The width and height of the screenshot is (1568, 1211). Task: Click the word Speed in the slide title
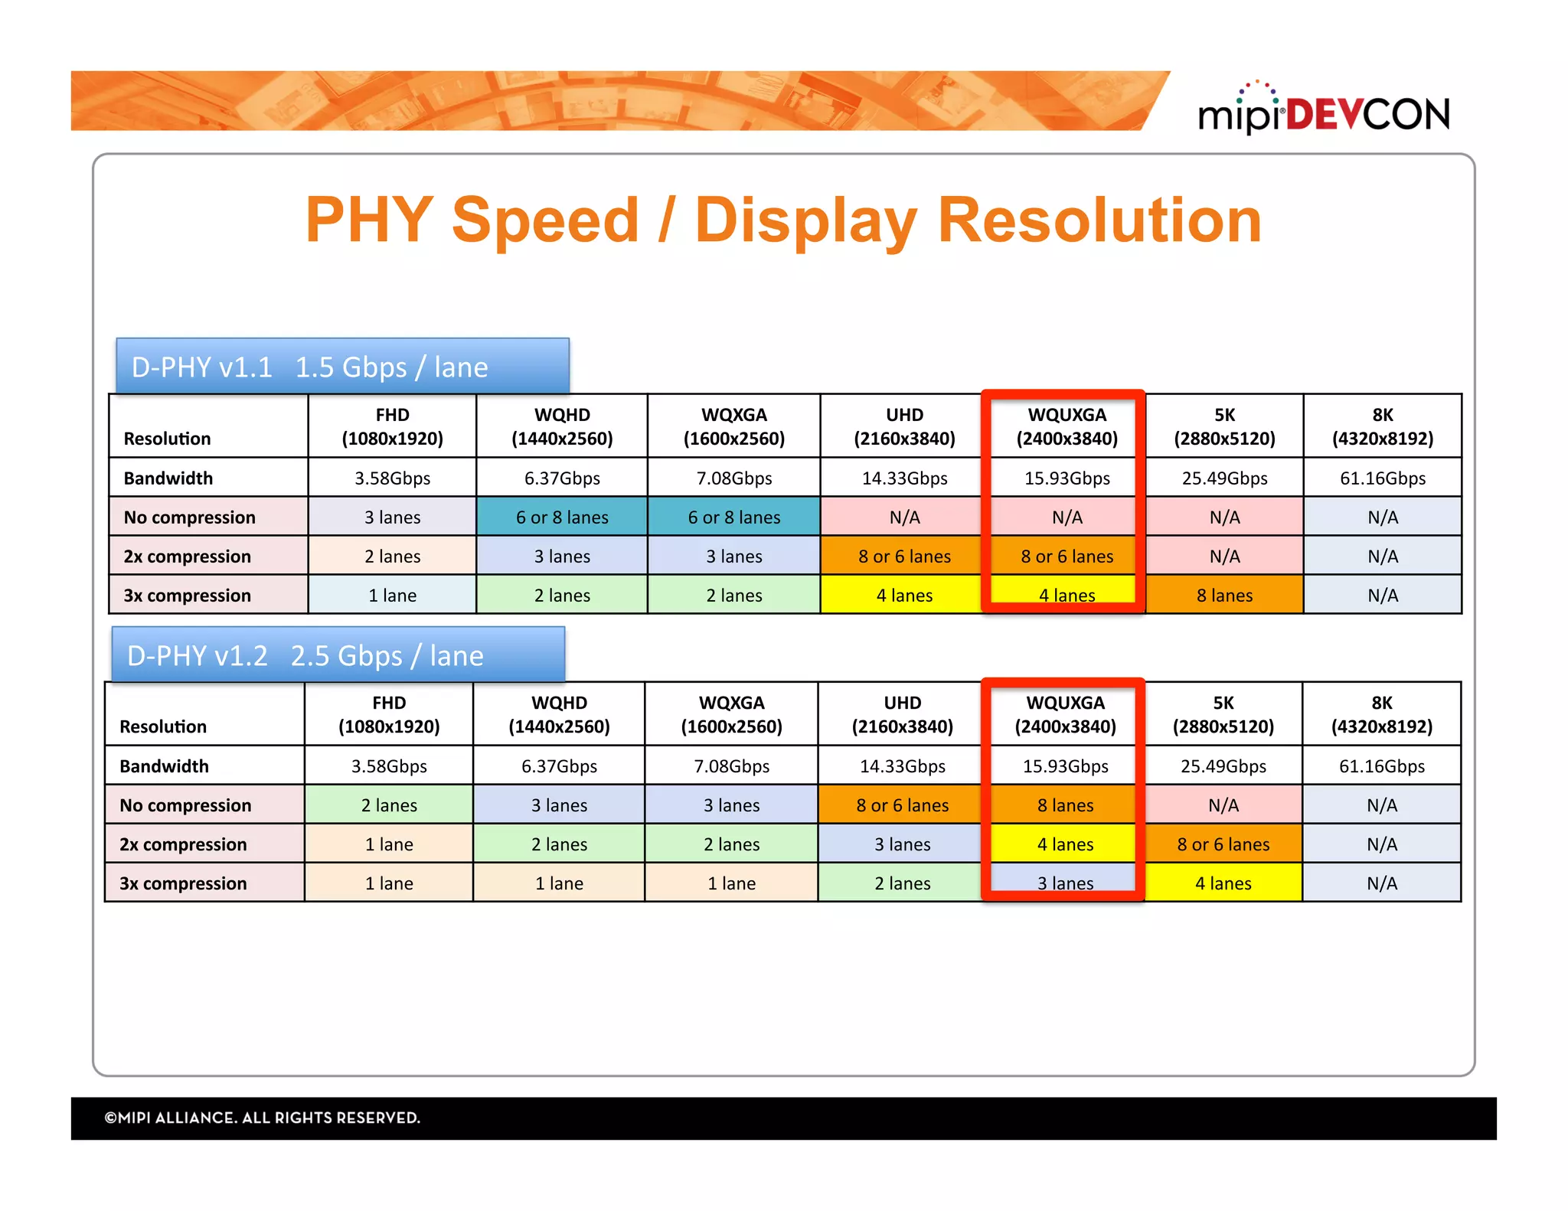pyautogui.click(x=544, y=220)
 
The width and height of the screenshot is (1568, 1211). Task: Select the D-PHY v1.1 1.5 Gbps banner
pyautogui.click(x=342, y=367)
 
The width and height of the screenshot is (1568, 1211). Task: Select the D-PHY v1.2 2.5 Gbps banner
pyautogui.click(x=338, y=655)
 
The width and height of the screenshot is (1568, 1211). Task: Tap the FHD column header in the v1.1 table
pyautogui.click(x=392, y=426)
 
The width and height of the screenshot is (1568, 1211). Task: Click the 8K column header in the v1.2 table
pyautogui.click(x=1381, y=714)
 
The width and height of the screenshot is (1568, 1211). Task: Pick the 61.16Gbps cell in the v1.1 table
pyautogui.click(x=1382, y=478)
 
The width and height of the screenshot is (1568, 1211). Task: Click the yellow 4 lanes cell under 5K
pyautogui.click(x=1223, y=883)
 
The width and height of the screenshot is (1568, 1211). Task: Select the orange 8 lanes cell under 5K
pyautogui.click(x=1224, y=596)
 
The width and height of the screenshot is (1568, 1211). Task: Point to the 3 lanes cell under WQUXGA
pyautogui.click(x=1065, y=882)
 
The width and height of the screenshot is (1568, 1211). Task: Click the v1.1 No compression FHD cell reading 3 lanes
pyautogui.click(x=392, y=517)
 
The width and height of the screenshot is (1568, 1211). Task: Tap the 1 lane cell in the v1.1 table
pyautogui.click(x=392, y=596)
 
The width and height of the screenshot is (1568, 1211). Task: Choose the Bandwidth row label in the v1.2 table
pyautogui.click(x=164, y=766)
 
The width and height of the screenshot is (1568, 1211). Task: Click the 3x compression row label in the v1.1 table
pyautogui.click(x=187, y=596)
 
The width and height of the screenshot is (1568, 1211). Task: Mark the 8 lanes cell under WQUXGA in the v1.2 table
pyautogui.click(x=1065, y=805)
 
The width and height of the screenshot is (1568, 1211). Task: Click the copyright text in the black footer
pyautogui.click(x=262, y=1118)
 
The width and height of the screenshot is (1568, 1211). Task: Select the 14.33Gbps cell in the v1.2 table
pyautogui.click(x=902, y=766)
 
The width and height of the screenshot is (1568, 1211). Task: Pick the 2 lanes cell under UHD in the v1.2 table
pyautogui.click(x=902, y=883)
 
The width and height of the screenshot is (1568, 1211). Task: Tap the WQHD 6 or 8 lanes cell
pyautogui.click(x=562, y=517)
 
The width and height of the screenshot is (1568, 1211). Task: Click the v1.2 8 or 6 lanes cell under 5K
pyautogui.click(x=1223, y=844)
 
